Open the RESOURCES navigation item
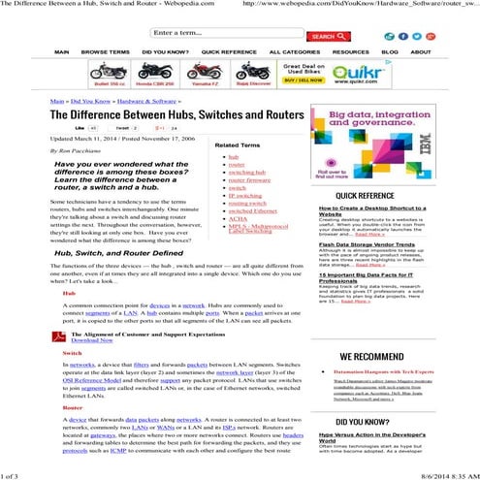[350, 52]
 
